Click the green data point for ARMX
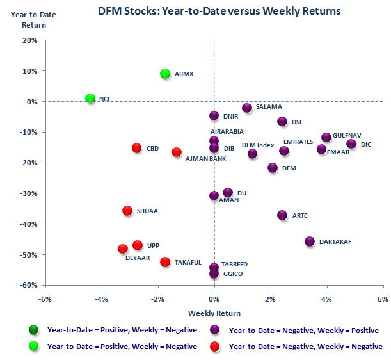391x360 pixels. [165, 74]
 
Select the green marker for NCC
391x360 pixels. [90, 99]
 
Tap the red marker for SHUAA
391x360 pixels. [127, 211]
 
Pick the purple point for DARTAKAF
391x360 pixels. [310, 241]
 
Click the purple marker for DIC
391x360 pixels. [351, 144]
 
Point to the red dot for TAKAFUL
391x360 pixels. [165, 262]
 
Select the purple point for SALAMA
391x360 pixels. [247, 108]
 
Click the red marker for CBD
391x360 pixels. [136, 148]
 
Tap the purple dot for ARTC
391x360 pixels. [282, 215]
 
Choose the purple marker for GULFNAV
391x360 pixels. [326, 137]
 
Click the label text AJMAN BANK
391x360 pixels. [205, 158]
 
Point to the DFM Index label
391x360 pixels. [258, 145]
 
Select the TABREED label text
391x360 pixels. [234, 264]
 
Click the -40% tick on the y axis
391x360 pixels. [29, 224]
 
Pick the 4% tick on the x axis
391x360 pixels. [326, 299]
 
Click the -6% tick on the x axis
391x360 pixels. [45, 299]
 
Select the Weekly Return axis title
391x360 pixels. [214, 313]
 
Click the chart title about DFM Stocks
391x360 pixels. [219, 11]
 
